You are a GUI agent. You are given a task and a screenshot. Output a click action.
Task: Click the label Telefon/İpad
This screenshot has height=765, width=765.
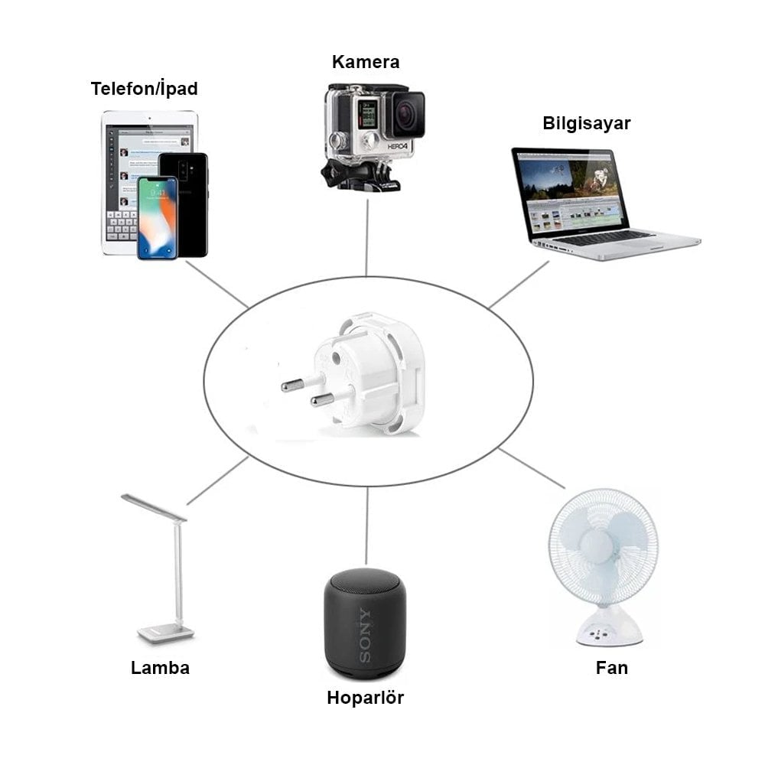pyautogui.click(x=144, y=89)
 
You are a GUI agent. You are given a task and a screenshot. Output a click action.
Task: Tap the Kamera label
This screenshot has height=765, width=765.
pyautogui.click(x=365, y=62)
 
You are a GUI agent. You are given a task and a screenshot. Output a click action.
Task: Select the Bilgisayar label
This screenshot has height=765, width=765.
pyautogui.click(x=587, y=123)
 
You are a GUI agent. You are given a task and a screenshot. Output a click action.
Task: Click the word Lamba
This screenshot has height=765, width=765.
pyautogui.click(x=160, y=667)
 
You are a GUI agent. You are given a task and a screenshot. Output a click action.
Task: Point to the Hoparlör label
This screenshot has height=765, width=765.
pyautogui.click(x=365, y=698)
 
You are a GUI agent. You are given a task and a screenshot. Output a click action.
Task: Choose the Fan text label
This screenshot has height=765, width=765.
pyautogui.click(x=611, y=667)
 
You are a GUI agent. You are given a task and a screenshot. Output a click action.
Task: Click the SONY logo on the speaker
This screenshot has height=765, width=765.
pyautogui.click(x=365, y=634)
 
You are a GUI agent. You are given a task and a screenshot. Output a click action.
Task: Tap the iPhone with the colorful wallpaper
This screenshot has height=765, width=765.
pyautogui.click(x=157, y=218)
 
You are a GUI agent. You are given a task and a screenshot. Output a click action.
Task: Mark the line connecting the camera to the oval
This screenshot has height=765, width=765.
pyautogui.click(x=367, y=237)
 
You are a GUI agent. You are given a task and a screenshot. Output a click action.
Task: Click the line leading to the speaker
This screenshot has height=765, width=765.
pyautogui.click(x=366, y=528)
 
